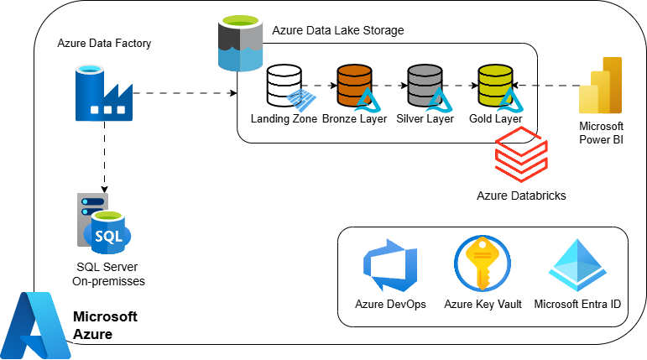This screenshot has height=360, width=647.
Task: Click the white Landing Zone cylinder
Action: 283,85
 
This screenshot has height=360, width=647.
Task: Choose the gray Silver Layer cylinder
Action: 424,85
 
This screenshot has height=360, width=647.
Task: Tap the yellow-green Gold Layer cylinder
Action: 494,85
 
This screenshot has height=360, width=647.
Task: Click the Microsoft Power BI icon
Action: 601,86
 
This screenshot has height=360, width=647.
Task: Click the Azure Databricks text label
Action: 521,196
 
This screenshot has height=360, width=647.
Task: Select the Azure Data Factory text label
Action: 104,43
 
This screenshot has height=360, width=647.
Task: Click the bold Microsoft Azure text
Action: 105,326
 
